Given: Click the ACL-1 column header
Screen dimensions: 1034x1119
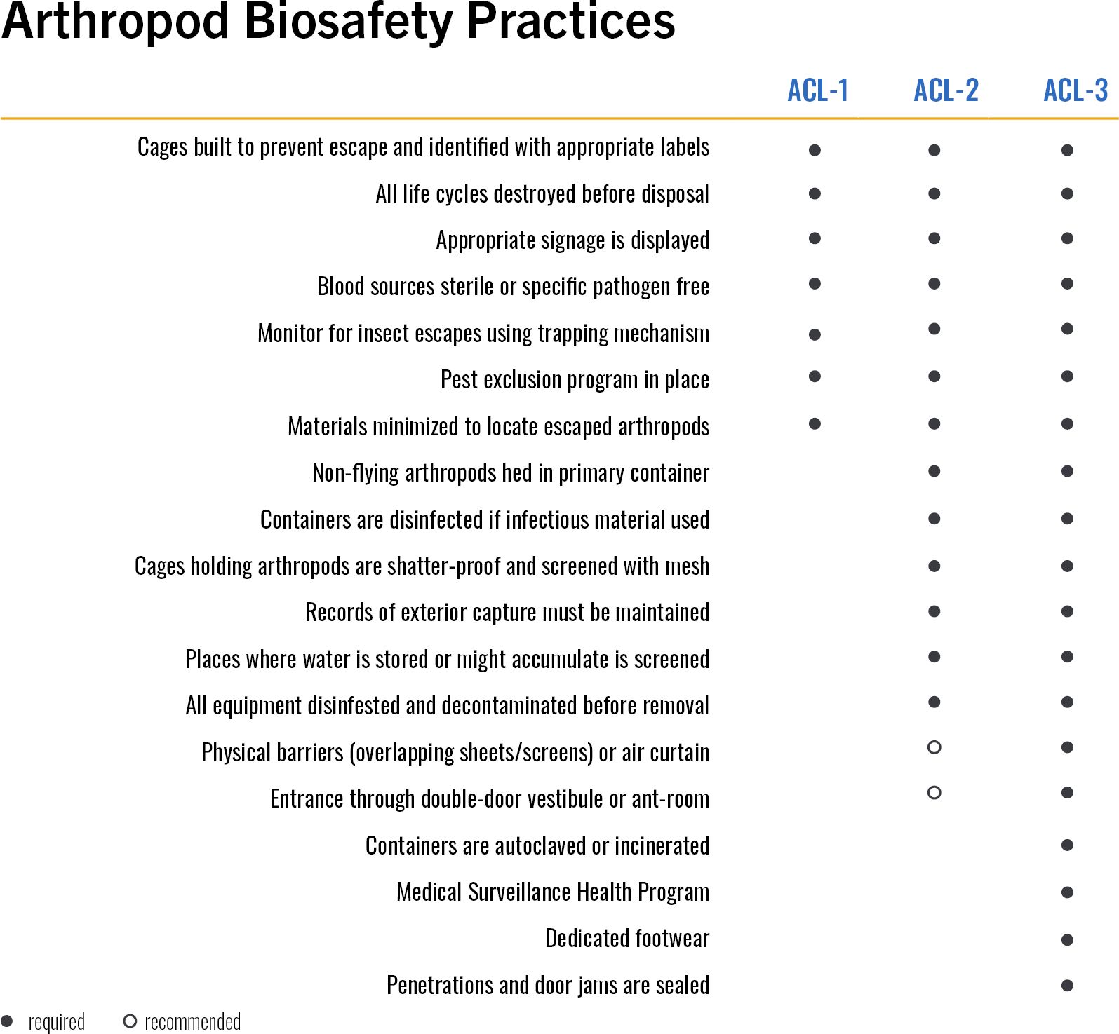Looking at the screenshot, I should [x=817, y=90].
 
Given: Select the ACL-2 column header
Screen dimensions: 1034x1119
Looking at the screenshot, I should [x=946, y=90].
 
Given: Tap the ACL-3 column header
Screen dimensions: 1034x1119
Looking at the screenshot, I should [x=1075, y=90].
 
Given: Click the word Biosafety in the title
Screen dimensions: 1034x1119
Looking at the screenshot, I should [x=348, y=21].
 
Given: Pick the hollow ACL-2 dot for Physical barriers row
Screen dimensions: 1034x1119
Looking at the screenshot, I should [x=934, y=747].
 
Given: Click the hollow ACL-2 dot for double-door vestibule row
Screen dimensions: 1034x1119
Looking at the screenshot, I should [x=934, y=793].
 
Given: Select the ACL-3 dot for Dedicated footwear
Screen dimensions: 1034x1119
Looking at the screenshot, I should [x=1067, y=940].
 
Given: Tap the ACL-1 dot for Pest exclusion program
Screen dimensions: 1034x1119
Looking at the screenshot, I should [x=815, y=376].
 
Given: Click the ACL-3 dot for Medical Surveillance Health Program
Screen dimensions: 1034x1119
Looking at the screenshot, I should [x=1067, y=892].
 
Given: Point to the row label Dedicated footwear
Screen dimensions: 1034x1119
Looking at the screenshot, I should [x=626, y=939].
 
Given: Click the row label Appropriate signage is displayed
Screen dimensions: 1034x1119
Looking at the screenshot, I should [x=572, y=240].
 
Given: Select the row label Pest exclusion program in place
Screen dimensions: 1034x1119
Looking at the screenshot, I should [x=575, y=380].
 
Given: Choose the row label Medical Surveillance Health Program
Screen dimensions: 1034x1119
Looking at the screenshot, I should [x=553, y=892].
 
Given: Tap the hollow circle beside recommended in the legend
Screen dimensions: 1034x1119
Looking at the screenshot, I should [x=130, y=1021].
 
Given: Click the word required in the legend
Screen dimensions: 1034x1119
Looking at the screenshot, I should [x=56, y=1022].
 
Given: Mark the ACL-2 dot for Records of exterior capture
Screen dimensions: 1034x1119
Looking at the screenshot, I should [x=934, y=611].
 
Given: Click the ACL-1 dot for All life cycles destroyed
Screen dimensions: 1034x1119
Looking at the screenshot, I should [x=815, y=193].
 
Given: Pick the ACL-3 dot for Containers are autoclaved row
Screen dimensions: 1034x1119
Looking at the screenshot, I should [x=1067, y=845].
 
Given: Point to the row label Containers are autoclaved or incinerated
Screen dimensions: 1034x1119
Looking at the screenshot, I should [x=537, y=846].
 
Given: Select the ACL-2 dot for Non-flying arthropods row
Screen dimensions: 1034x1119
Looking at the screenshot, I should [x=934, y=471].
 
